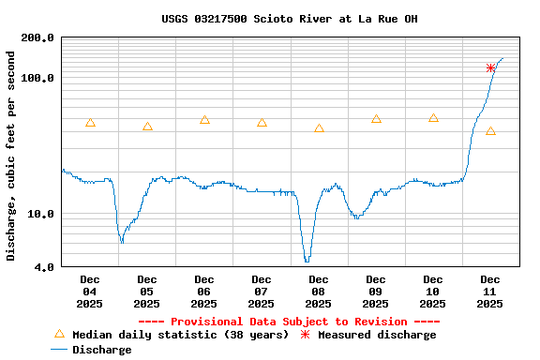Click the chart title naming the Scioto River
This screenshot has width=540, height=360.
[x=289, y=19]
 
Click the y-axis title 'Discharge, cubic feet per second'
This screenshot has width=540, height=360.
[x=11, y=156]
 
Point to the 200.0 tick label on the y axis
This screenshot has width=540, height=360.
[x=37, y=38]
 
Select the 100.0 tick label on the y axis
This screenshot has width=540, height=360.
[x=37, y=78]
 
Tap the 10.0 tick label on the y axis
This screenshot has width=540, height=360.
[x=40, y=214]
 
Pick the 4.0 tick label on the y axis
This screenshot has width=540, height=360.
[x=43, y=268]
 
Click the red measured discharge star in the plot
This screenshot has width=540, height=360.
[x=490, y=68]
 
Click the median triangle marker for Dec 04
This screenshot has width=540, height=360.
[x=90, y=123]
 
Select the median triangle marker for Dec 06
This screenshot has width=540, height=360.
[x=204, y=120]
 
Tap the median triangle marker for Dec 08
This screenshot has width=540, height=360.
[x=319, y=128]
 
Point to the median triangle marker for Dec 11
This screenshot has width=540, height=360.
[x=490, y=131]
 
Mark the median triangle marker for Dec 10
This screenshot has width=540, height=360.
[x=433, y=118]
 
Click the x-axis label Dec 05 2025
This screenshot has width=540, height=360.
[x=147, y=291]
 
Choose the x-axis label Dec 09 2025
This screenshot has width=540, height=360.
[x=376, y=291]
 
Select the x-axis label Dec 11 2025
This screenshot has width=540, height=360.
[x=490, y=291]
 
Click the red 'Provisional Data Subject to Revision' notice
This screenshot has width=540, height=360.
[x=289, y=322]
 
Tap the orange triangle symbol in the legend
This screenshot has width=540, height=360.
[x=59, y=334]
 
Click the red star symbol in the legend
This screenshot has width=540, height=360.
[x=305, y=335]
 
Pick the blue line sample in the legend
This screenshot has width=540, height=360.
[x=59, y=350]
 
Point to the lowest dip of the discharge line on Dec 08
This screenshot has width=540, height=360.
[x=307, y=261]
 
